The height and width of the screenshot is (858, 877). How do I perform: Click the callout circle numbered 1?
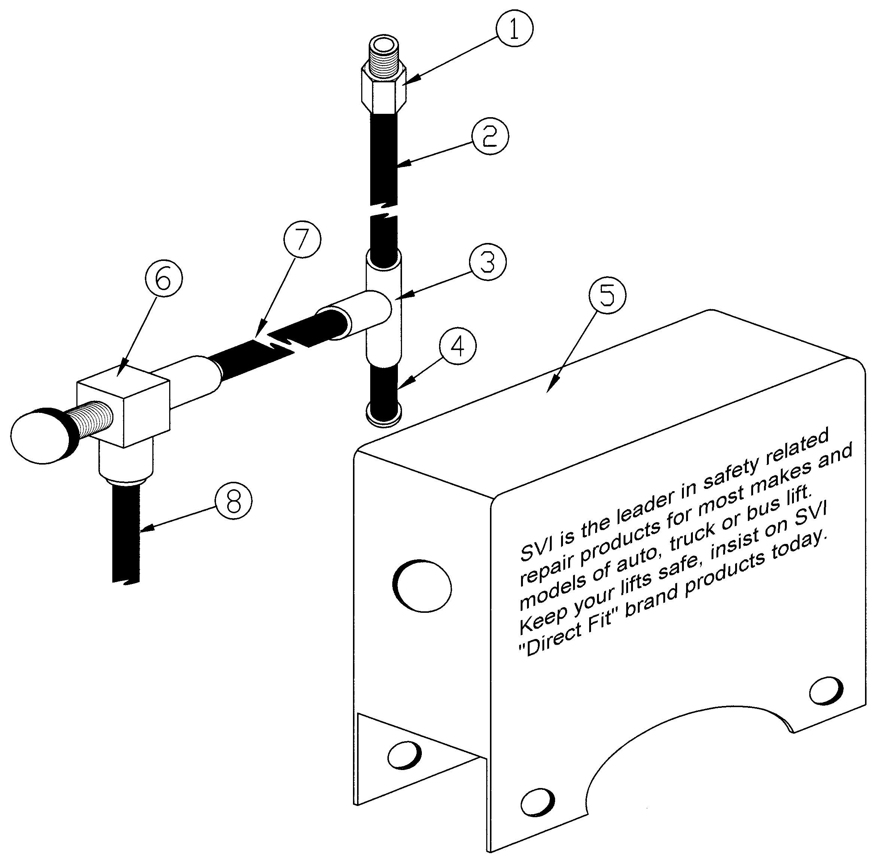click(x=514, y=28)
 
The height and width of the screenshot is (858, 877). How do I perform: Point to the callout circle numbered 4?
click(x=457, y=347)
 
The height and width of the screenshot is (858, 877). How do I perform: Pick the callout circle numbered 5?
click(x=607, y=295)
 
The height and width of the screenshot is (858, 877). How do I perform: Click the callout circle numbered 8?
click(x=233, y=501)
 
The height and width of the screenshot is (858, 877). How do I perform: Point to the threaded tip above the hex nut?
click(x=384, y=52)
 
